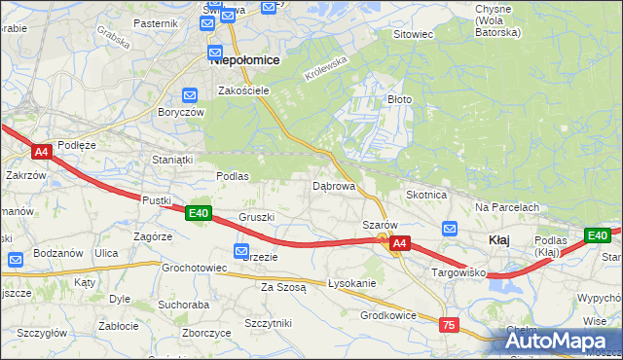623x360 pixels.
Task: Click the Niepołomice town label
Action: (245, 59)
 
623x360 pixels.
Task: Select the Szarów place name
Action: (380, 225)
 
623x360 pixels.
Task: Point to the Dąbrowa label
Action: (333, 185)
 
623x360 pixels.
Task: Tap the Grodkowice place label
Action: (388, 315)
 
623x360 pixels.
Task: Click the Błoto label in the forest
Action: (400, 99)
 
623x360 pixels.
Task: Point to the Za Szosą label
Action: (283, 287)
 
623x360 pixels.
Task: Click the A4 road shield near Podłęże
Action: (41, 152)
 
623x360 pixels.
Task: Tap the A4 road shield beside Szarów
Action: (401, 246)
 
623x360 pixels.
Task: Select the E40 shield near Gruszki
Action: (199, 213)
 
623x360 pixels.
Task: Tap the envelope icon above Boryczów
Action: (189, 95)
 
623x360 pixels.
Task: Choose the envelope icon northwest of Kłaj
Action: (449, 229)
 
